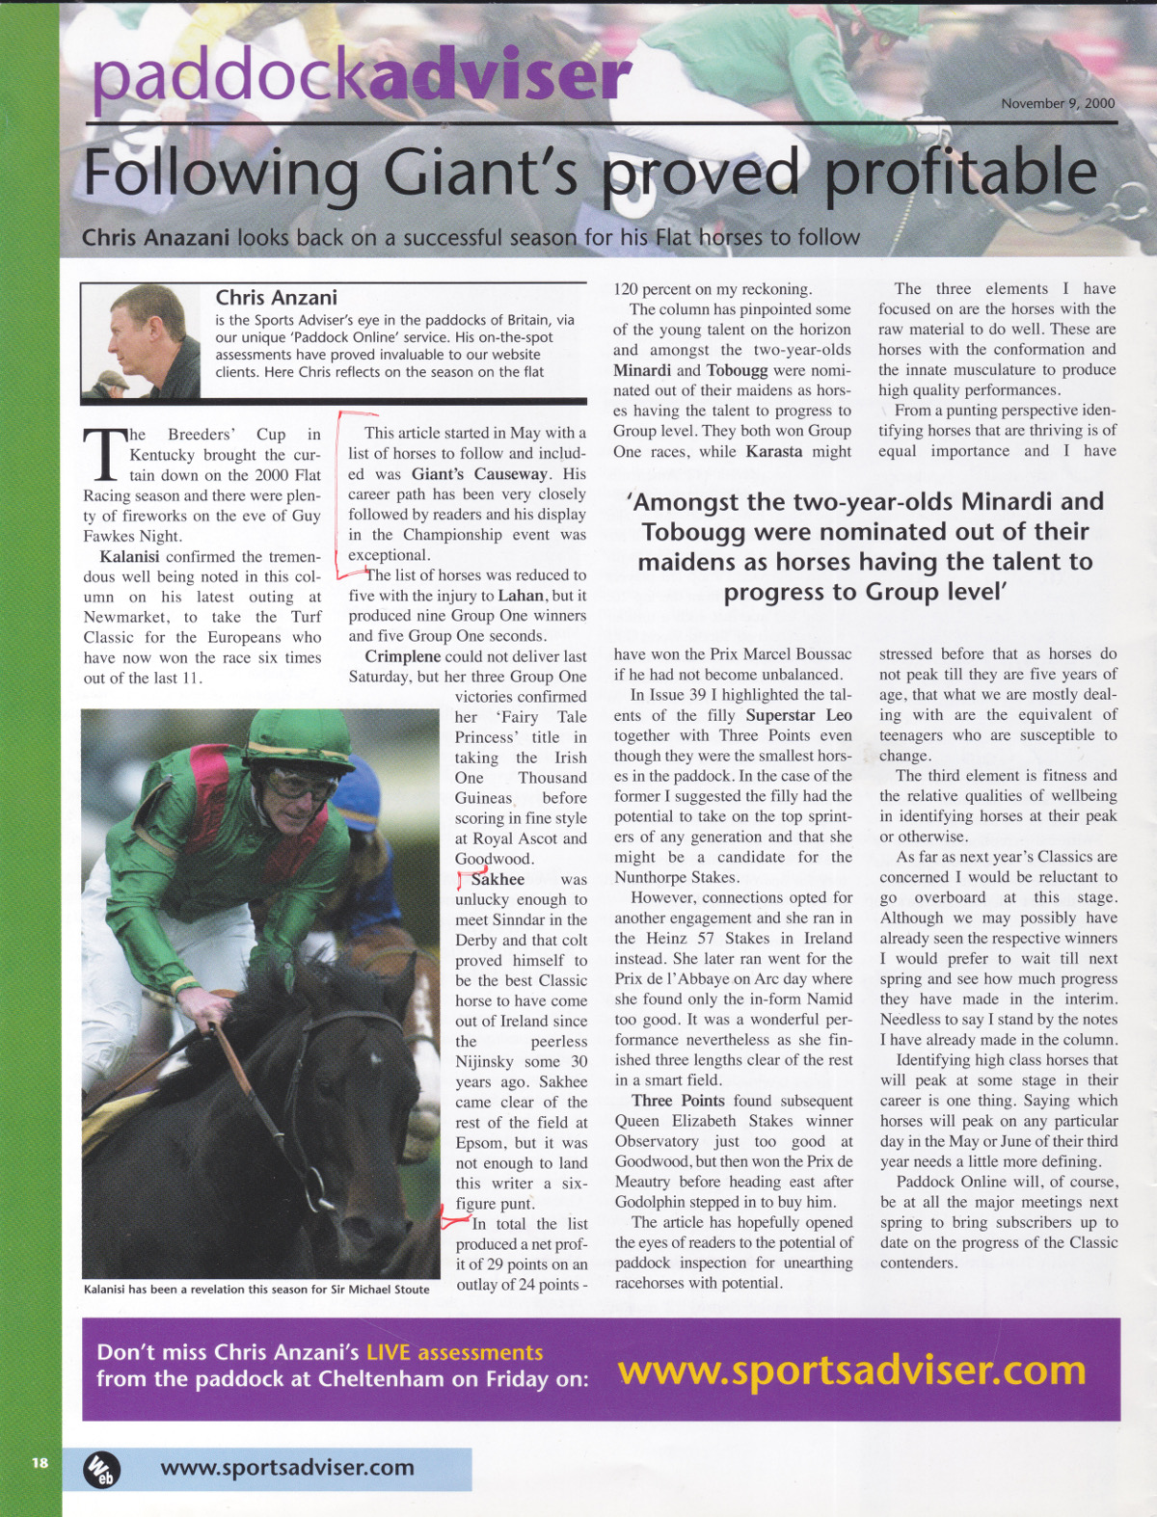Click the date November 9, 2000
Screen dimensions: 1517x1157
click(1058, 104)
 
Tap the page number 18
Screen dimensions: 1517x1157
click(39, 1462)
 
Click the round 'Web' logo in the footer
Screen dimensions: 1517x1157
click(100, 1469)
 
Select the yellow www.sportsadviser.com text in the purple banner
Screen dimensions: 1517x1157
click(851, 1370)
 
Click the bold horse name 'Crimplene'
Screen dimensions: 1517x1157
click(402, 656)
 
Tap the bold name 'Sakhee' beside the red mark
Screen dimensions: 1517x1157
click(498, 879)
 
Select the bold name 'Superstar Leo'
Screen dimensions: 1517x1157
click(798, 715)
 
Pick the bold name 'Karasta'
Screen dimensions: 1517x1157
click(773, 451)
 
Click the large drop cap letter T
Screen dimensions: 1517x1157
click(102, 453)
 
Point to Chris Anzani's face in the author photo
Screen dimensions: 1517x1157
click(136, 333)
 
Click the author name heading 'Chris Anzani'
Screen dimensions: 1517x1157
click(276, 298)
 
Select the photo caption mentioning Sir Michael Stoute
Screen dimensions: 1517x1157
click(256, 1289)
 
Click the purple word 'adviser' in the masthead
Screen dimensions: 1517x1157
click(500, 77)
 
